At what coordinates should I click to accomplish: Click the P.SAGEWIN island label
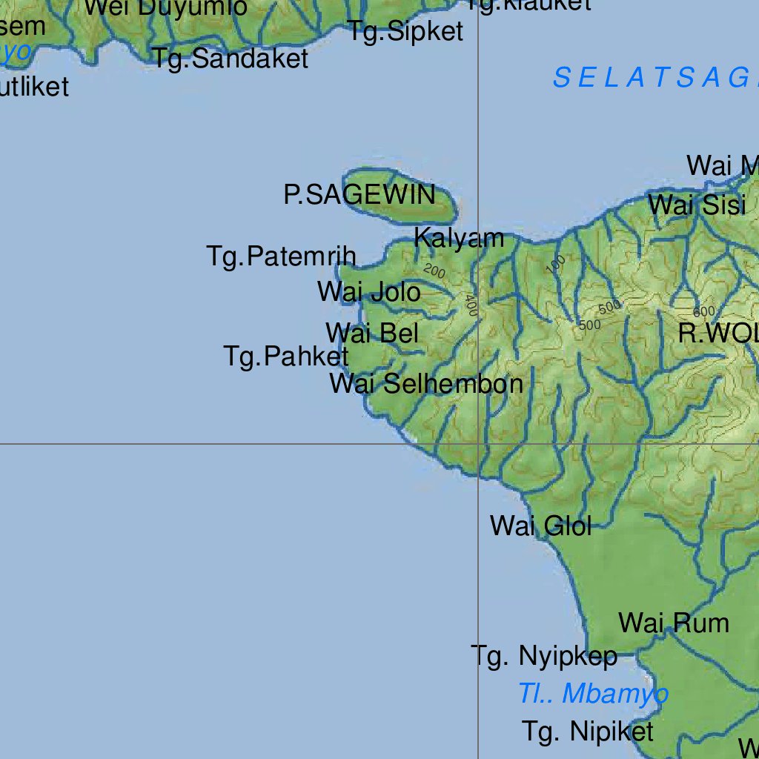pos(359,195)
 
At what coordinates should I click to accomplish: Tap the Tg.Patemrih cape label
pos(282,256)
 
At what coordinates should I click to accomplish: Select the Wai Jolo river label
pos(369,292)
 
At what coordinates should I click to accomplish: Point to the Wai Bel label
pos(372,333)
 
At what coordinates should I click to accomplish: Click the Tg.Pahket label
pos(286,357)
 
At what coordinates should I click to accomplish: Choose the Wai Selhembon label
pos(426,384)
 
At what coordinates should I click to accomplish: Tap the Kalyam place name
pos(459,238)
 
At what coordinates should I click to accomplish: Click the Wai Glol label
pos(540,526)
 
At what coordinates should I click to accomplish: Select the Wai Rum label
pos(674,623)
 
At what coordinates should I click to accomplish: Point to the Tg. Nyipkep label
pos(544,656)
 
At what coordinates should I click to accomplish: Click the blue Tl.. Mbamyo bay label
pos(593,695)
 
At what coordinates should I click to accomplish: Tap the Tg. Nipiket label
pos(588,732)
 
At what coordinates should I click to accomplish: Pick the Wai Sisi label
pos(697,205)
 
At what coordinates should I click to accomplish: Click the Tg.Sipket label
pos(406,32)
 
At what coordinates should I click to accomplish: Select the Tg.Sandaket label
pos(231,59)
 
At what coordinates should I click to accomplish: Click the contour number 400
pos(471,304)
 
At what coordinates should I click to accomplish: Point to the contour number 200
pos(434,272)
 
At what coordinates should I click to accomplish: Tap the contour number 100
pos(559,264)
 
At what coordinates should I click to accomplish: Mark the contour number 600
pos(704,311)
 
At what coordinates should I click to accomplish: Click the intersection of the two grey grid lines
pos(478,444)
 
